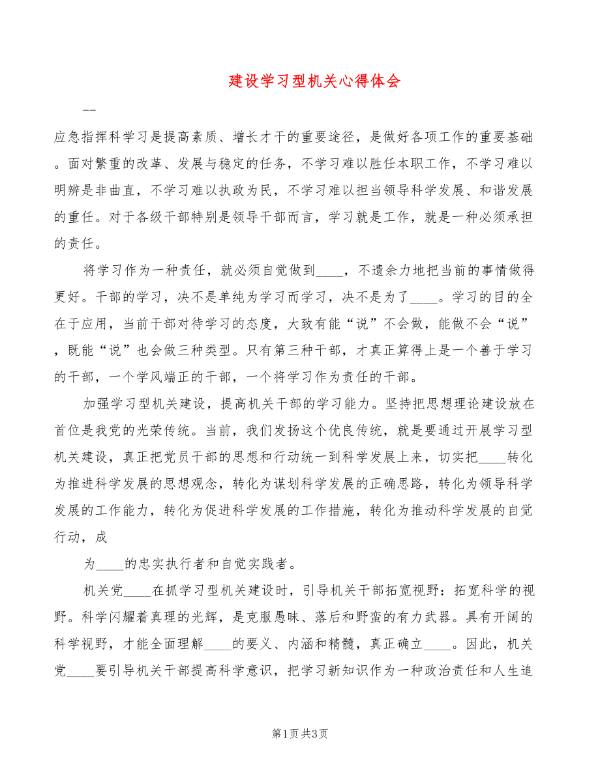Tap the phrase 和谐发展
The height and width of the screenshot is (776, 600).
505,191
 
